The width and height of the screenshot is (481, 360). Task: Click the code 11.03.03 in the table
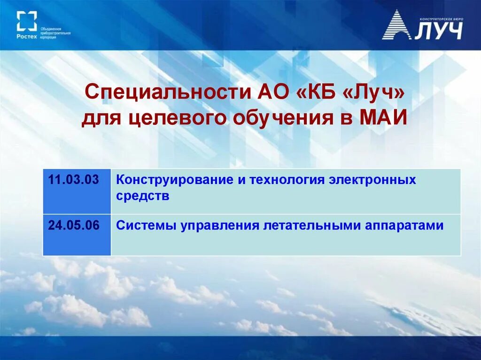[73, 180]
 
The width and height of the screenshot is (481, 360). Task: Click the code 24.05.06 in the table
[73, 225]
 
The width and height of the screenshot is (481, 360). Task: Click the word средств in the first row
[142, 196]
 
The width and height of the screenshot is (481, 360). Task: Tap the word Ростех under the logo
[26, 36]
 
